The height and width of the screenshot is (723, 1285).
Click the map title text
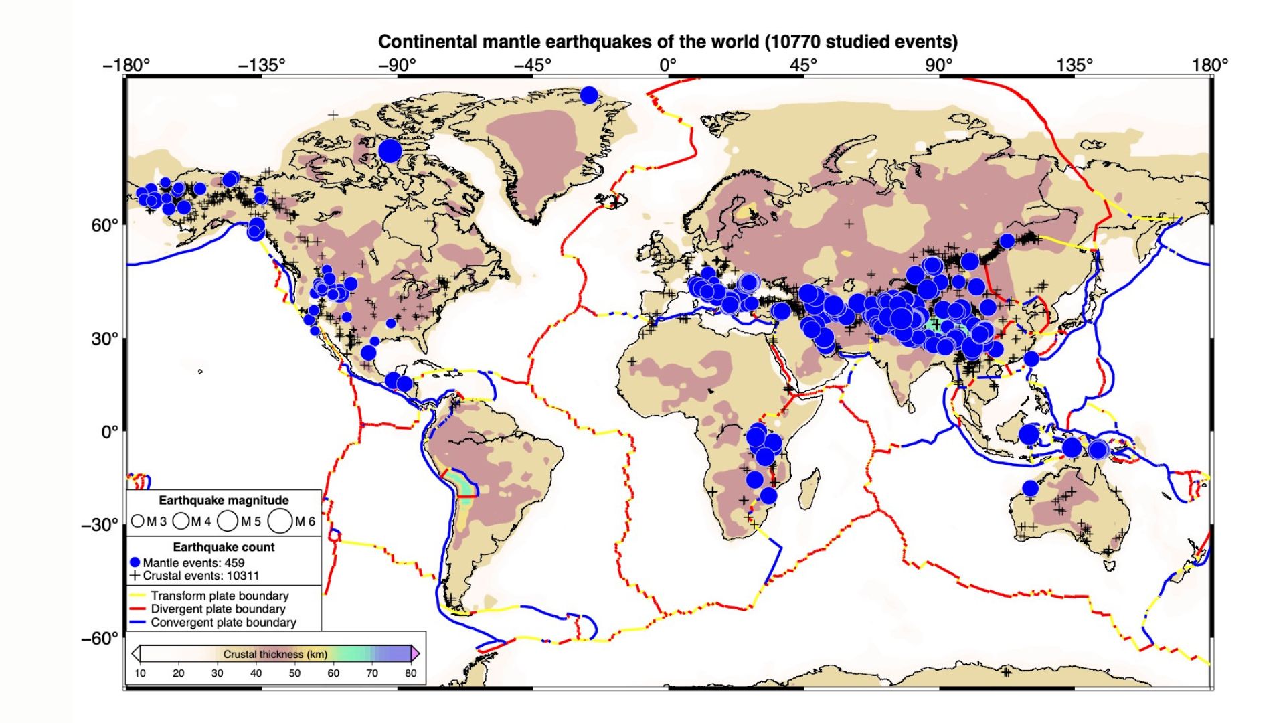pos(667,42)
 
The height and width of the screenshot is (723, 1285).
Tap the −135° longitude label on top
pos(262,65)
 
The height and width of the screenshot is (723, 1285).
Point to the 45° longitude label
pos(803,65)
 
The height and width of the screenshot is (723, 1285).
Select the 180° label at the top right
pos(1209,65)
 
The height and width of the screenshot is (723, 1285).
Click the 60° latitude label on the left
pos(104,226)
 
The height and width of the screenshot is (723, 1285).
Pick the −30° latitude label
pos(100,525)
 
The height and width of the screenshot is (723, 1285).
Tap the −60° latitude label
pos(100,639)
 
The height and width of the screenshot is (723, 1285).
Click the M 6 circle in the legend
pos(280,521)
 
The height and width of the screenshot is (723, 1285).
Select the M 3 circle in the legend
pos(138,521)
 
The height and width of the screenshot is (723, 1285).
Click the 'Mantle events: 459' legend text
pos(193,563)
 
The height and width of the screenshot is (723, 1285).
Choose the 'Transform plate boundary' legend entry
pos(220,596)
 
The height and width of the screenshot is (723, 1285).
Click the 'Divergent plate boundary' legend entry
pos(218,609)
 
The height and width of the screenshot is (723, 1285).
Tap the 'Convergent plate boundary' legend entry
pos(223,623)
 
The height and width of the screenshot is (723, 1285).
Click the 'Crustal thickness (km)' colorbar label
pos(275,654)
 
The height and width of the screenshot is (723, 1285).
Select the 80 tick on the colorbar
pos(410,673)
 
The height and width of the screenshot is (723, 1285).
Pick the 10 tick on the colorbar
pos(140,673)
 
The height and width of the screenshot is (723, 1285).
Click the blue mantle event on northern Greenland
pos(589,95)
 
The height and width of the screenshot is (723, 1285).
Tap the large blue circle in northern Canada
pos(390,151)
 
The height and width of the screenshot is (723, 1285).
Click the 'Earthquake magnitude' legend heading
pos(224,501)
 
